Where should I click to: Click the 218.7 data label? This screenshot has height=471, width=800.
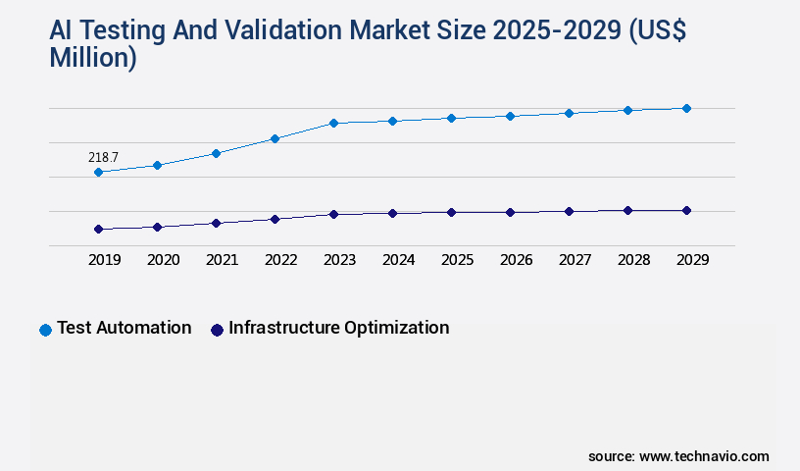coord(103,157)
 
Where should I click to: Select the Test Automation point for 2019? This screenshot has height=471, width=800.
coord(98,173)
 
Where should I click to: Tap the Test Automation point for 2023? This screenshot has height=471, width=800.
coord(333,124)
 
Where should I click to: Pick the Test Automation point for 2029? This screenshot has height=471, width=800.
coord(686,108)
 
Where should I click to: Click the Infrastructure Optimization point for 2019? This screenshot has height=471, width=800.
coord(98,230)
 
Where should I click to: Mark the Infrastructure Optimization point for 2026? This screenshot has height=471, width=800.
coord(510,212)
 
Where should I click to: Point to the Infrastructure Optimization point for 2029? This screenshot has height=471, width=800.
coord(686,210)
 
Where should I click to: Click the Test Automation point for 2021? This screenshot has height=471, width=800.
coord(216,153)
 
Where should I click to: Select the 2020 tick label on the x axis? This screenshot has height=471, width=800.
coord(163,260)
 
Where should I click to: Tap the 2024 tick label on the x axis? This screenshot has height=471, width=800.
coord(398,260)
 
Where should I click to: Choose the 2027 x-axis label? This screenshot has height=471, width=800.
coord(575,260)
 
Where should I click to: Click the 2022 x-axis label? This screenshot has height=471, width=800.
coord(280,260)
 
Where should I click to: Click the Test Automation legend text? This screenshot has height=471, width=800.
coord(124,328)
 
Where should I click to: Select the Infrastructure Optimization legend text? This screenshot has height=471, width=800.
coord(338,328)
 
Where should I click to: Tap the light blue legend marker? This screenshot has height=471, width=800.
coord(45,330)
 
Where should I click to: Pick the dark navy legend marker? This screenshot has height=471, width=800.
coord(217,330)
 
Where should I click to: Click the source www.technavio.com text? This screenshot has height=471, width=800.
coord(678,456)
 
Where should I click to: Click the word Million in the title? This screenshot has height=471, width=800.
coord(92,58)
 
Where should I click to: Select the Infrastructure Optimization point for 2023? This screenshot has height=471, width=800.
coord(333,214)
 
